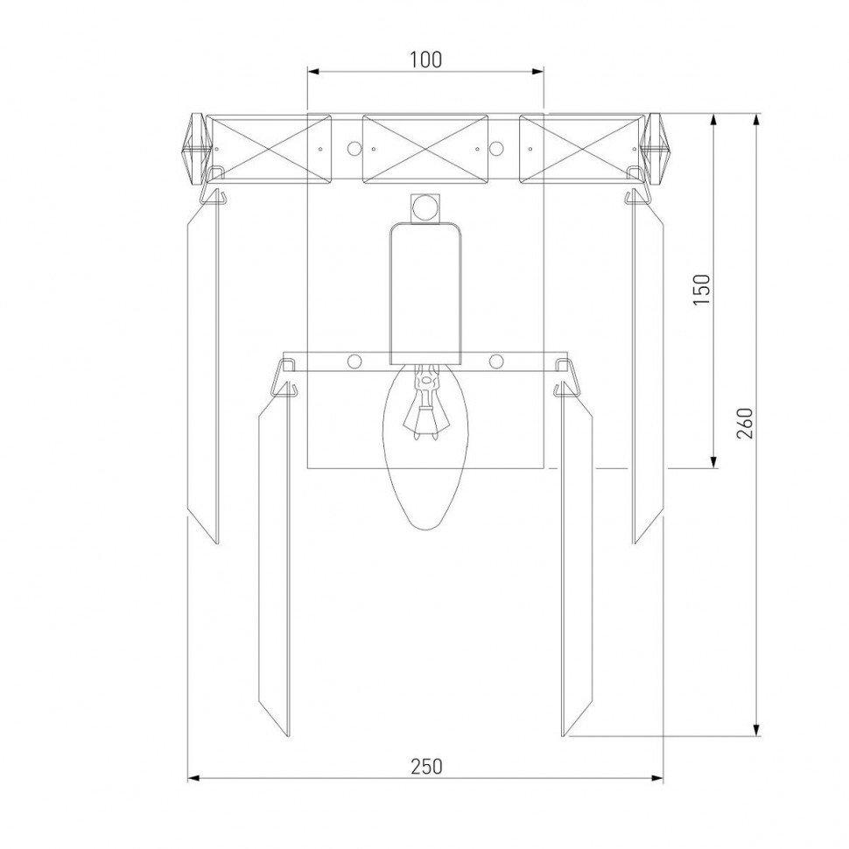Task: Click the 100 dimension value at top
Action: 425,59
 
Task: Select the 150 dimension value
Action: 702,289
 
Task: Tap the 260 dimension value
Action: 745,424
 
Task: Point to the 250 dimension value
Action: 426,766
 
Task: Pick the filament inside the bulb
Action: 425,402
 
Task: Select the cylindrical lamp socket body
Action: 426,293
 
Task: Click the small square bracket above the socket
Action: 425,208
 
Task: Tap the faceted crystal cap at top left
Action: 194,149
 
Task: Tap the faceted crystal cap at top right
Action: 654,149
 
